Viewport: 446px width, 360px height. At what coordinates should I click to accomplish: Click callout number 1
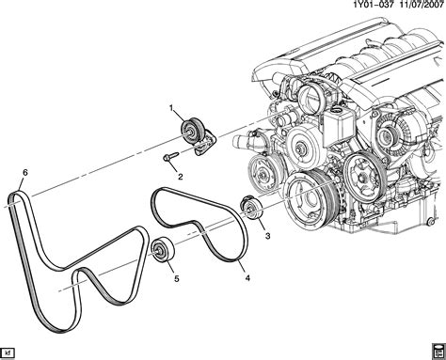click(x=171, y=108)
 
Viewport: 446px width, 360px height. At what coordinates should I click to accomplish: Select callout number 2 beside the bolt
click(x=181, y=177)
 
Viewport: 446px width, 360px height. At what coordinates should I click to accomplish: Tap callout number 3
click(x=267, y=236)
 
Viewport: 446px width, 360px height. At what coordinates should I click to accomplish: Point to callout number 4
click(x=247, y=277)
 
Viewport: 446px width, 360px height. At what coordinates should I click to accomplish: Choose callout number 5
click(x=177, y=278)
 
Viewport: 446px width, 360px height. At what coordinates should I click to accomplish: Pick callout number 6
click(x=25, y=172)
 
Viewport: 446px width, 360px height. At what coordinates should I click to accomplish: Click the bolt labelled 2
click(x=170, y=156)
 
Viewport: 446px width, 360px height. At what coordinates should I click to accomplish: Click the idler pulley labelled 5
click(x=162, y=249)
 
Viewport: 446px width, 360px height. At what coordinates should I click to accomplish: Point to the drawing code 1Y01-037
click(x=374, y=6)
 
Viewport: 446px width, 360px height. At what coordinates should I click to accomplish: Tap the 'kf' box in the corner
click(x=8, y=352)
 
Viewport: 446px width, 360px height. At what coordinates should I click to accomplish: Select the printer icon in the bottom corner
click(x=438, y=351)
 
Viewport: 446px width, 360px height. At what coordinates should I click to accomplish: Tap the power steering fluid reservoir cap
click(x=337, y=111)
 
